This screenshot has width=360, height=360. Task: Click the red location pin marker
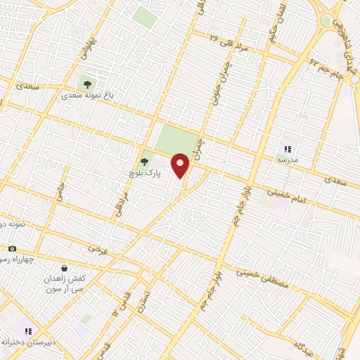click(x=181, y=166)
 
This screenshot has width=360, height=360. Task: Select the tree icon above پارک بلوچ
click(x=145, y=162)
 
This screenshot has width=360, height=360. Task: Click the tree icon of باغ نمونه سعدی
click(x=87, y=84)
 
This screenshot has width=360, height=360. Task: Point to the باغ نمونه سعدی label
click(x=87, y=94)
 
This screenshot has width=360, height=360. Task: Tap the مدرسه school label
click(x=288, y=160)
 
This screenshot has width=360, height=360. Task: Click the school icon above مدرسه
click(x=288, y=148)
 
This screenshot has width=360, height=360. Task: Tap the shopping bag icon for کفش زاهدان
click(x=65, y=268)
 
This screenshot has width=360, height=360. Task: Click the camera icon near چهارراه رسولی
click(x=12, y=248)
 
